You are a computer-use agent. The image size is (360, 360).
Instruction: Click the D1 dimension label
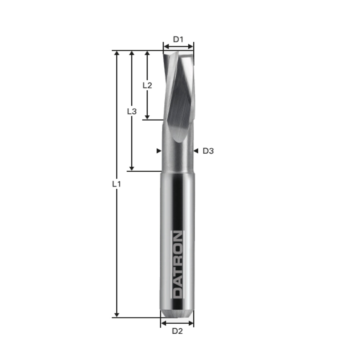pos(178,39)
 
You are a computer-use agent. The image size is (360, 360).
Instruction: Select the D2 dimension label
pos(177,331)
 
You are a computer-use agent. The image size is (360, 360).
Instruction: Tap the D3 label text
pos(208,151)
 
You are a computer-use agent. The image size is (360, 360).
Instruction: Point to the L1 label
pos(116,184)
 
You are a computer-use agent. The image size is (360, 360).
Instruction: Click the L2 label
pos(147,85)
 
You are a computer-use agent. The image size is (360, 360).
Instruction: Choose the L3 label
pos(132,111)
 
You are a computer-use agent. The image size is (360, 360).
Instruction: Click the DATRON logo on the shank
pos(177,265)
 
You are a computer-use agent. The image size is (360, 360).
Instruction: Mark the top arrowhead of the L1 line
pos(116,54)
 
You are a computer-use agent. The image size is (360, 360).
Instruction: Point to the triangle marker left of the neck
pos(159,151)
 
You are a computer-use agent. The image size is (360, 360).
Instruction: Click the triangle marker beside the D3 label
pos(196,151)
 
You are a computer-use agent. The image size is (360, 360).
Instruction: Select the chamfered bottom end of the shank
pos(177,313)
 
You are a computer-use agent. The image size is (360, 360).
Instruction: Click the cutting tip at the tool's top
pos(178,54)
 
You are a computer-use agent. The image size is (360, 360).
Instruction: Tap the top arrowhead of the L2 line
pos(147,54)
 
